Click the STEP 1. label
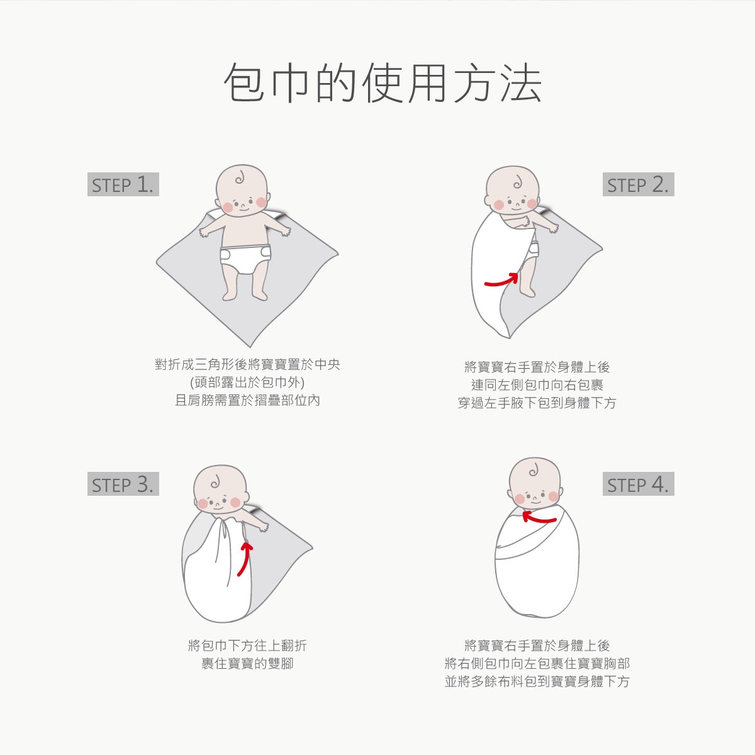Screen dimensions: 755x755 123,184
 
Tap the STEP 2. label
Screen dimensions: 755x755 638,184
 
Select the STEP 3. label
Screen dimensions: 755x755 123,484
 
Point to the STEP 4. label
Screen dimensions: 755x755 638,484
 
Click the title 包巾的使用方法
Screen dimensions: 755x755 382,83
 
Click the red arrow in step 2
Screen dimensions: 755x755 501,280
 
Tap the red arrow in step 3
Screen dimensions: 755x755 245,558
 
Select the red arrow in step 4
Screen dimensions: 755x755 539,518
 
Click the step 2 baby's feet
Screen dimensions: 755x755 525,291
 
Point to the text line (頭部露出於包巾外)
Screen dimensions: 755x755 247,383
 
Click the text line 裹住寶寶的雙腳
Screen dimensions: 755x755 247,663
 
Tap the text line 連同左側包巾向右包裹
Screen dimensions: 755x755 537,385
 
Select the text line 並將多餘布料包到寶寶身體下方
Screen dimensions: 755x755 537,681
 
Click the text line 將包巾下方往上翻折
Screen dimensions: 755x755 247,646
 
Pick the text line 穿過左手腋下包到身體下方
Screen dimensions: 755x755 537,403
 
